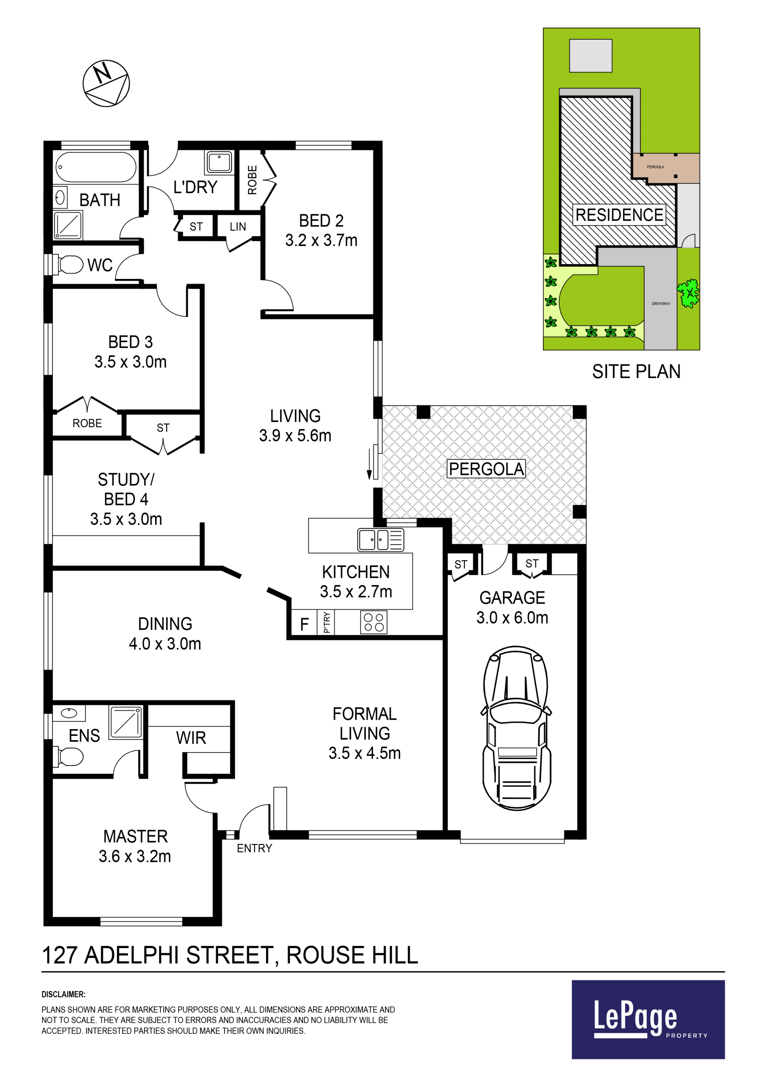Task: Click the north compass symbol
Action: point(106,83)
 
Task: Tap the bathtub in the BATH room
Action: point(96,167)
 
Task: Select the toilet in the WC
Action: point(69,265)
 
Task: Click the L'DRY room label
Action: point(195,187)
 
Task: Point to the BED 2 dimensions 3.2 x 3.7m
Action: point(321,240)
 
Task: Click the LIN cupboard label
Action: point(238,227)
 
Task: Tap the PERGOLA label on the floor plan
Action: point(486,468)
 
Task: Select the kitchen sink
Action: point(381,539)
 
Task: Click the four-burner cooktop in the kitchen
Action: point(374,622)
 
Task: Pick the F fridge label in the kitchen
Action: point(304,624)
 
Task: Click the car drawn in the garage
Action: point(516,728)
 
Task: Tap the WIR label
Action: point(191,738)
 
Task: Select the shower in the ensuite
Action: point(126,722)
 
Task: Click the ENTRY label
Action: point(254,848)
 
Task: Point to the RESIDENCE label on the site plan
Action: point(620,215)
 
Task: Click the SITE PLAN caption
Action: point(636,372)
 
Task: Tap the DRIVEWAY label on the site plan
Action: point(661,303)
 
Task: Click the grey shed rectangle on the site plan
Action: point(591,56)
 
